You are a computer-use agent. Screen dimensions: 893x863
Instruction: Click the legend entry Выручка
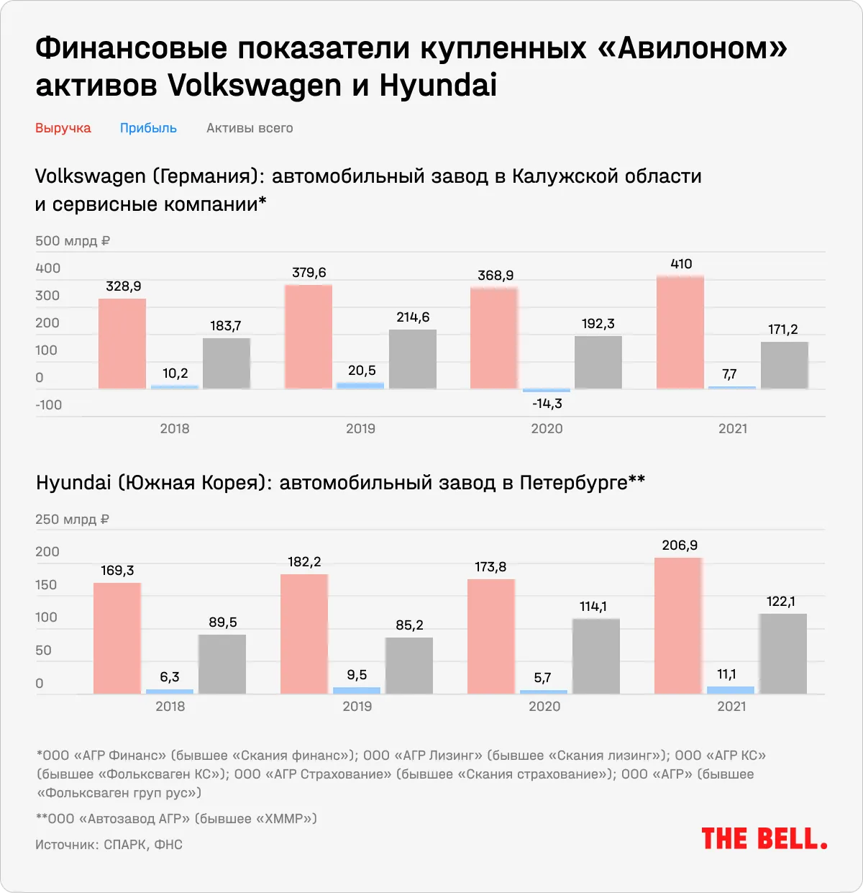pos(63,128)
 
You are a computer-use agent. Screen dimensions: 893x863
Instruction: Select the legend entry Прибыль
pos(148,128)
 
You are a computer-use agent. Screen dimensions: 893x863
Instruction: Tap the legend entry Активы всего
pos(250,128)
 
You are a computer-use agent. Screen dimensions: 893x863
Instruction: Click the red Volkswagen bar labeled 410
pos(680,332)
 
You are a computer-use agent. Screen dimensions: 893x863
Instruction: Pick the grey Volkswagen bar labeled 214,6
pos(413,359)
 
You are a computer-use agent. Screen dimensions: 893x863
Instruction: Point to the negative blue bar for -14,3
pos(547,390)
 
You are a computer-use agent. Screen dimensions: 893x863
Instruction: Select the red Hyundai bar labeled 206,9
pos(678,625)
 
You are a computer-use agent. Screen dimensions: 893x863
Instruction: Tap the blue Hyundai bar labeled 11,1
pos(731,689)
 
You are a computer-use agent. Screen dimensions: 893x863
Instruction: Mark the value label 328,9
pos(124,286)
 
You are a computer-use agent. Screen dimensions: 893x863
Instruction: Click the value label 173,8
pos(490,567)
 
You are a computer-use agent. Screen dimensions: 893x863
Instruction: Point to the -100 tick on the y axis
pos(49,404)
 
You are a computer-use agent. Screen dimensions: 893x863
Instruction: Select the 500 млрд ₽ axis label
pos(73,241)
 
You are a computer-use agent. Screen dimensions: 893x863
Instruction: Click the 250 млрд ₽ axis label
pos(73,519)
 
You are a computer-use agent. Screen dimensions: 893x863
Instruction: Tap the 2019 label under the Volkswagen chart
pos(360,428)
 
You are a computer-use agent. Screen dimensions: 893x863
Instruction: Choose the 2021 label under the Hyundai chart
pos(731,706)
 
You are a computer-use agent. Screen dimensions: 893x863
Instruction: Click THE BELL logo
pos(764,838)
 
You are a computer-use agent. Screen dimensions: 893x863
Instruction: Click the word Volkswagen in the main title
pos(255,86)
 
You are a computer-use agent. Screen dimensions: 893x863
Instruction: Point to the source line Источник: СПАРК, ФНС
pos(109,844)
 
